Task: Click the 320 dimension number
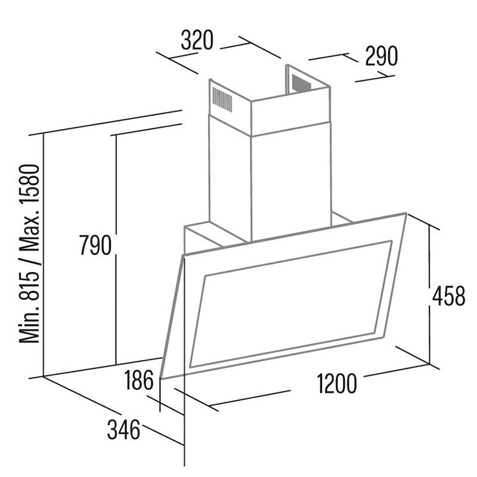(197, 40)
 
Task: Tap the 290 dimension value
(381, 56)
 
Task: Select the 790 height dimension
(95, 245)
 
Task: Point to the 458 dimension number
(449, 296)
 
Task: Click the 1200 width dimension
(337, 383)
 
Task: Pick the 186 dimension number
(139, 380)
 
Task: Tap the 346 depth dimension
(123, 429)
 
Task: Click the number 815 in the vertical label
(29, 282)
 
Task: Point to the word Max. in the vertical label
(29, 233)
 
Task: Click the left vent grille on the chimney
(222, 100)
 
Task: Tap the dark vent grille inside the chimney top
(302, 82)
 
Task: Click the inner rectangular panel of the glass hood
(291, 304)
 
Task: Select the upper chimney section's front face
(290, 111)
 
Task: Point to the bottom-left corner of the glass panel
(161, 379)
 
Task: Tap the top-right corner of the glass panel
(406, 213)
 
